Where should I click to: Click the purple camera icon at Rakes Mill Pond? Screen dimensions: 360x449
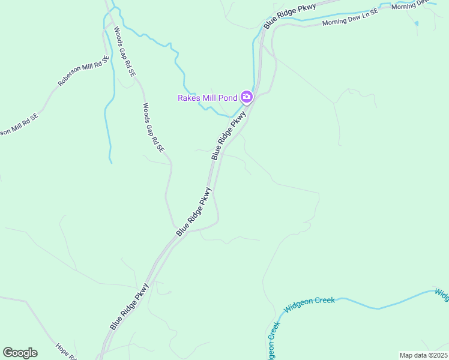click(x=246, y=97)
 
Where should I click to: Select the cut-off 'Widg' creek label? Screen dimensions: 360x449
click(x=442, y=294)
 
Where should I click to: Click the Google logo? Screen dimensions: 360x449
click(x=20, y=353)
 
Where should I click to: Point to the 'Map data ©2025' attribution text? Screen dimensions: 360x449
click(x=423, y=355)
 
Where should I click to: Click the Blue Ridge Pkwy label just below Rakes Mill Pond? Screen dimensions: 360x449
click(x=229, y=135)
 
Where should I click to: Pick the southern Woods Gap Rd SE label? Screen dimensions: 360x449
click(x=153, y=127)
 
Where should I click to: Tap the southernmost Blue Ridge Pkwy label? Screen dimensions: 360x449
click(x=129, y=307)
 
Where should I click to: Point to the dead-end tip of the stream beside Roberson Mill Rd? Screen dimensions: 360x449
click(x=110, y=162)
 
